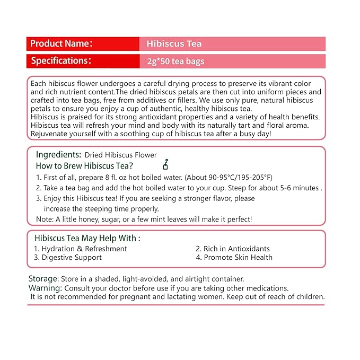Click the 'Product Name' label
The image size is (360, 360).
tap(61, 43)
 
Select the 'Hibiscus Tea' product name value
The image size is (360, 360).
tap(174, 44)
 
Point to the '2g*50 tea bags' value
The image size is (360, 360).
tap(175, 62)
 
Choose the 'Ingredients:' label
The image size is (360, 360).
tap(58, 155)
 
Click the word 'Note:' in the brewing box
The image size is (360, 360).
tap(45, 219)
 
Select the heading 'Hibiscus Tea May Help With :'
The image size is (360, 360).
tap(87, 239)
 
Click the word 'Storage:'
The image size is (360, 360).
tap(43, 279)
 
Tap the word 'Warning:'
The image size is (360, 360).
tap(45, 288)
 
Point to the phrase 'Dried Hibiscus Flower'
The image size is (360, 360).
tap(120, 155)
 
